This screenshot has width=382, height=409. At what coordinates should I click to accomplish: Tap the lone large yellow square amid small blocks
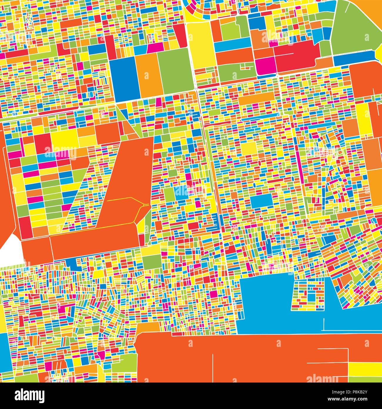tap(249, 149)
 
